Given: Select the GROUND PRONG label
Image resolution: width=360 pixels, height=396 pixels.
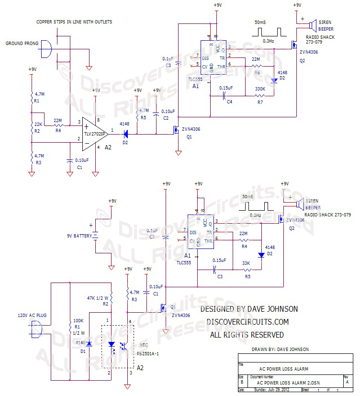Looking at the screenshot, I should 21,43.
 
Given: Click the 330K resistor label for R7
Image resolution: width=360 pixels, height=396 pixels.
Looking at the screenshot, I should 260,89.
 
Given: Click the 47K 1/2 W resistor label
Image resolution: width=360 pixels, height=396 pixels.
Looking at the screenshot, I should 97,297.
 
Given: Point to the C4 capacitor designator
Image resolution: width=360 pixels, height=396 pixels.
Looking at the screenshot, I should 229,102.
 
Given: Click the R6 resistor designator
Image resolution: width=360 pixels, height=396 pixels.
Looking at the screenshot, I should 257,72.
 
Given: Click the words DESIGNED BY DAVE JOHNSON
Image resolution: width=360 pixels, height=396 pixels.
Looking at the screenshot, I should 249,309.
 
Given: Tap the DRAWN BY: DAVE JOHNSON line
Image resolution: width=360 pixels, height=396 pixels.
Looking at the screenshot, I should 280,349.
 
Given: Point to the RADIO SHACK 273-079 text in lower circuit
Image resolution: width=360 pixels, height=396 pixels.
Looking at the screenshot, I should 328,215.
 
